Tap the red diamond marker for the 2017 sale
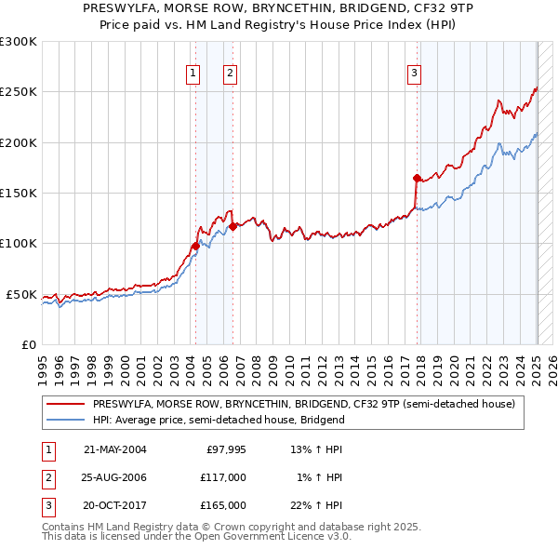(417, 178)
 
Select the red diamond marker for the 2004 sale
(195, 246)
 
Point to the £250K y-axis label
(18, 92)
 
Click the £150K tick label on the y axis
(18, 194)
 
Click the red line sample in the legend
(66, 404)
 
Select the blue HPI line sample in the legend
(66, 420)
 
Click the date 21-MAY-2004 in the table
(115, 449)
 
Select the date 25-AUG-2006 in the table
(115, 477)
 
